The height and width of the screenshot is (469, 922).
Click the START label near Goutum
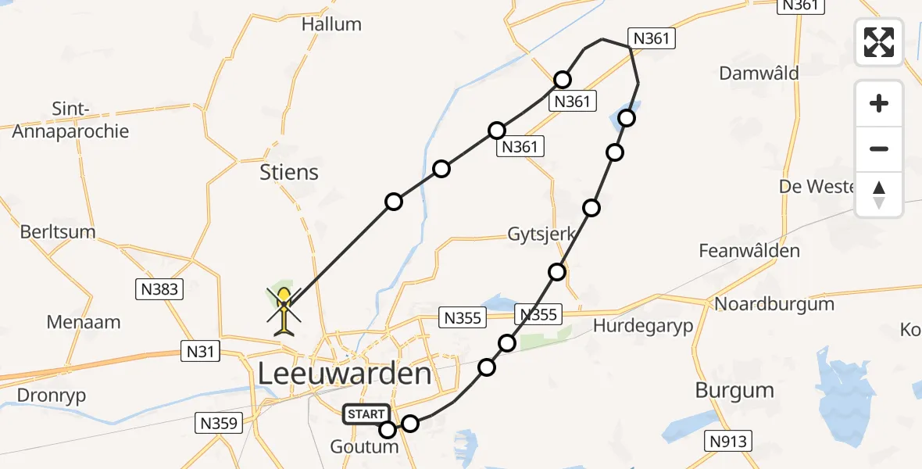pyautogui.click(x=364, y=414)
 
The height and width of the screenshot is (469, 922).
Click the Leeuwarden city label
pyautogui.click(x=344, y=374)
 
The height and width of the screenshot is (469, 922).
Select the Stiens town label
pyautogui.click(x=289, y=172)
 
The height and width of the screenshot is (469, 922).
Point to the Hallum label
pyautogui.click(x=331, y=24)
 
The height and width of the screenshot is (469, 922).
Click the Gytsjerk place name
pyautogui.click(x=541, y=234)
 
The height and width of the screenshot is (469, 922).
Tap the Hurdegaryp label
pyautogui.click(x=643, y=326)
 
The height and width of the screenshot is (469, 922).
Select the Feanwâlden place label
pyautogui.click(x=749, y=251)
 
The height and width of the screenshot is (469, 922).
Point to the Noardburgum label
pyautogui.click(x=763, y=304)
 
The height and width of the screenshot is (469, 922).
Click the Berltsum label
pyautogui.click(x=58, y=232)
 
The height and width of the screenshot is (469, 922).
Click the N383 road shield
pyautogui.click(x=159, y=290)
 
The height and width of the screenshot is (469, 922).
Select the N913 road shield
pyautogui.click(x=727, y=442)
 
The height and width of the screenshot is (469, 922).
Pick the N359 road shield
pyautogui.click(x=219, y=424)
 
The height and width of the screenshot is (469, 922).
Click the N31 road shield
pyautogui.click(x=198, y=352)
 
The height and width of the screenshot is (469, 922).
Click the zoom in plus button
pyautogui.click(x=879, y=104)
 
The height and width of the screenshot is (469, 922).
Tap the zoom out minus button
pyautogui.click(x=879, y=149)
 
